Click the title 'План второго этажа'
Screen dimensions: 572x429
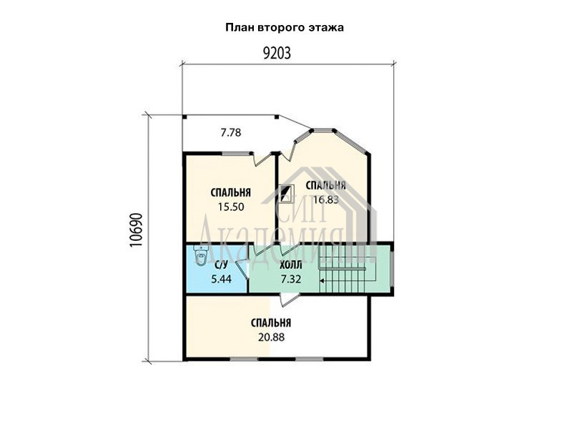[285, 28]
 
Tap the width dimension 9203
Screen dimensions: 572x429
[277, 54]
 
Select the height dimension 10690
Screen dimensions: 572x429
[136, 230]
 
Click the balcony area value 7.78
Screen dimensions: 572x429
[231, 132]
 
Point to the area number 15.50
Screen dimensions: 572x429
[231, 207]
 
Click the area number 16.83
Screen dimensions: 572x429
[326, 199]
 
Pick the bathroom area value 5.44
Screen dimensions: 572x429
[222, 279]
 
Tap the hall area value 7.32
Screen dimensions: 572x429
[291, 279]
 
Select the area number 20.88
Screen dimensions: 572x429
[271, 337]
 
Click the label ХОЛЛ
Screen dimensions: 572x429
[291, 265]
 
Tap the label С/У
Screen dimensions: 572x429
[221, 265]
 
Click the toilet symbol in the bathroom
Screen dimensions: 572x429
[201, 255]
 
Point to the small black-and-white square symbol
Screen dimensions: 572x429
[287, 194]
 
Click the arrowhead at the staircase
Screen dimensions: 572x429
[322, 280]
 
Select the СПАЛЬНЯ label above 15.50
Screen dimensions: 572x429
[231, 192]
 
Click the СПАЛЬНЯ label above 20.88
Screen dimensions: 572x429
[271, 323]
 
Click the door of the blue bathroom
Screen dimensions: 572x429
[242, 270]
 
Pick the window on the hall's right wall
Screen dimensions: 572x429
[392, 269]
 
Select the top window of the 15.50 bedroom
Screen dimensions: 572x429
[236, 154]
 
